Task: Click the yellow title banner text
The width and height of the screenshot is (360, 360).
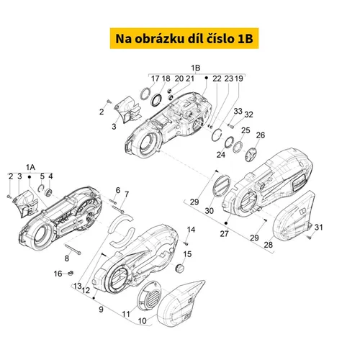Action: pyautogui.click(x=184, y=38)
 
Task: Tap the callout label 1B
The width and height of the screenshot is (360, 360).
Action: pyautogui.click(x=196, y=68)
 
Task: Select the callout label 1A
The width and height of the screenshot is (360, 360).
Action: pyautogui.click(x=30, y=167)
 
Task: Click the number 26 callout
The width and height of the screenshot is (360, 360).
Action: pyautogui.click(x=261, y=135)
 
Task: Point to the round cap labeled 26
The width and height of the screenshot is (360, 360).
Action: pyautogui.click(x=251, y=155)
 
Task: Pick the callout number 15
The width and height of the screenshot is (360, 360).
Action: pyautogui.click(x=187, y=254)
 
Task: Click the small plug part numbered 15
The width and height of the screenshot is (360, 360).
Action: pyautogui.click(x=179, y=268)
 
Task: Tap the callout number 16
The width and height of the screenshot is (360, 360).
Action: pyautogui.click(x=58, y=274)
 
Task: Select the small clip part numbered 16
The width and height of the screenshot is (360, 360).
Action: pyautogui.click(x=71, y=273)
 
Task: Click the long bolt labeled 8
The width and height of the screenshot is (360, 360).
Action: pyautogui.click(x=73, y=249)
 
